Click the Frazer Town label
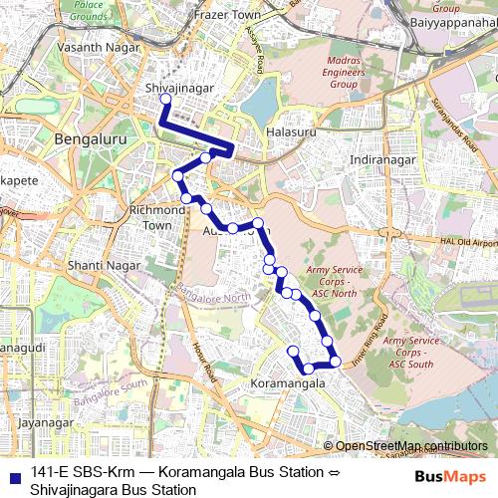tap(227, 15)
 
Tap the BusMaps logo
tap(452, 476)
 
